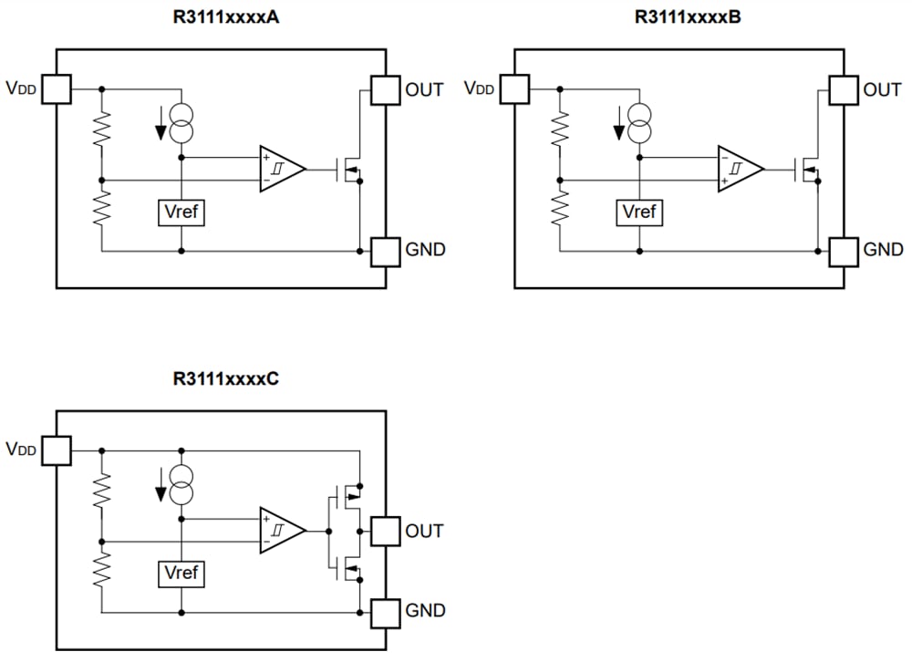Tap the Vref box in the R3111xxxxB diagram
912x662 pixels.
pos(639,212)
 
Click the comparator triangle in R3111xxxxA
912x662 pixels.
pos(280,169)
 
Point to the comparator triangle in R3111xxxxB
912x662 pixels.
pos(738,169)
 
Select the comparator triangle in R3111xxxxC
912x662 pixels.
pos(280,530)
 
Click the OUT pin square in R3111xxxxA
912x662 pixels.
pos(385,89)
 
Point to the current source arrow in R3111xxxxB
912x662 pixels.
pos(619,123)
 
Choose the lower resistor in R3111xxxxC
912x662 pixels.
pos(102,573)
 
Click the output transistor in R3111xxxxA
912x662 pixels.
pos(350,170)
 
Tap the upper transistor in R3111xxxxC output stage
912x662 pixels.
pos(350,494)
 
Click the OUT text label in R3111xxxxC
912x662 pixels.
pos(424,531)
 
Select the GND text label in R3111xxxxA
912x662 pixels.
pos(424,250)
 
